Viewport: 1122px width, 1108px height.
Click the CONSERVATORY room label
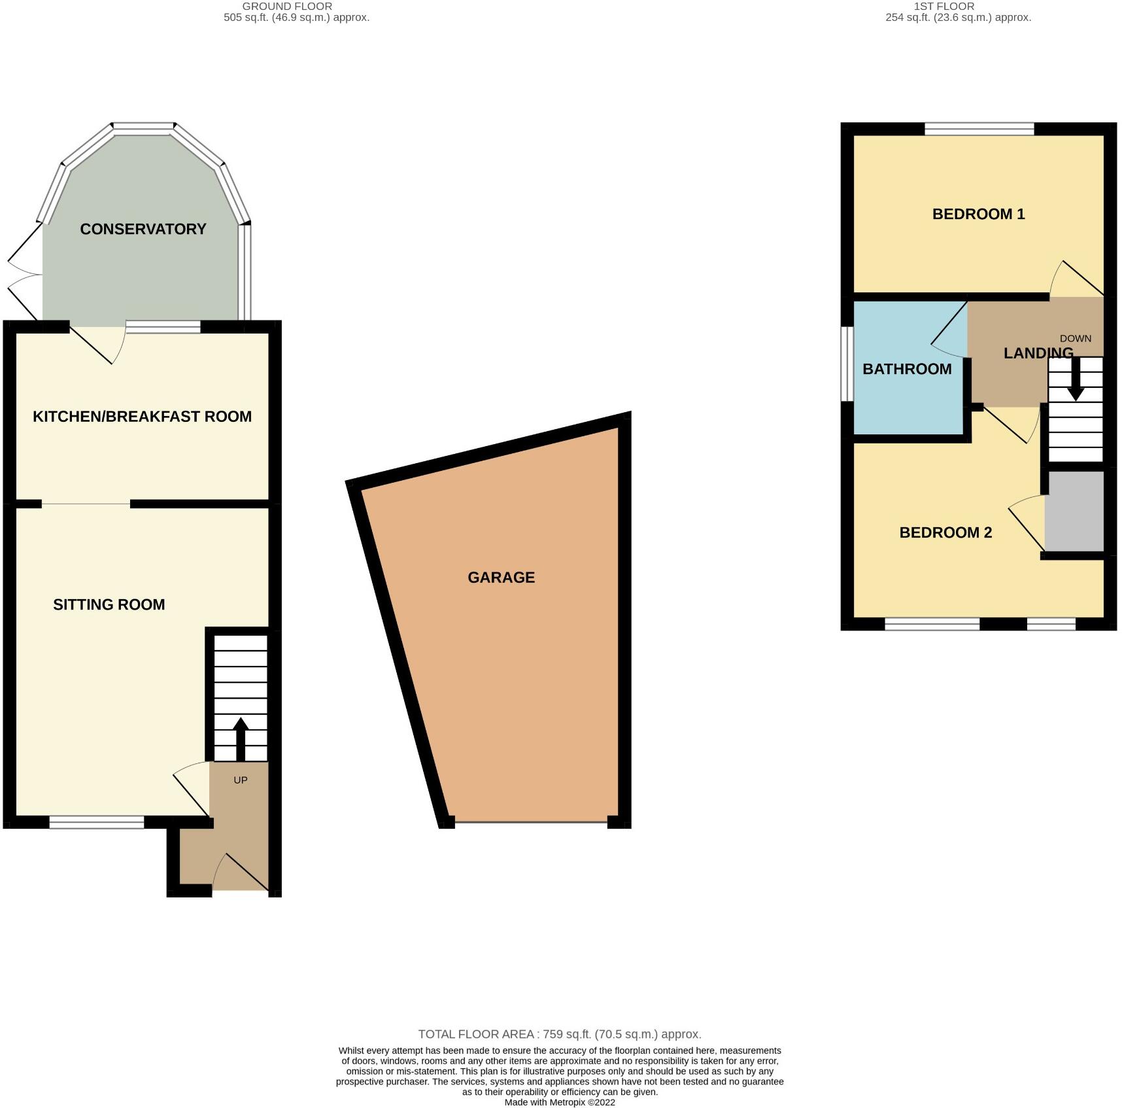pyautogui.click(x=143, y=229)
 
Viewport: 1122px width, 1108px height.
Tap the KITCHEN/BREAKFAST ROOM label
pyautogui.click(x=142, y=417)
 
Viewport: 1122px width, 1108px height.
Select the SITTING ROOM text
pyautogui.click(x=109, y=604)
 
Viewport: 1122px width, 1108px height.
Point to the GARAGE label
pyautogui.click(x=501, y=578)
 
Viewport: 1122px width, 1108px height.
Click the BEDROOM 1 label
pyautogui.click(x=978, y=214)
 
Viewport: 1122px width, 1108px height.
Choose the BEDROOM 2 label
pyautogui.click(x=945, y=532)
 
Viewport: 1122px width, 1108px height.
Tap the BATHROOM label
pyautogui.click(x=907, y=369)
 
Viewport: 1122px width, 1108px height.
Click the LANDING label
pyautogui.click(x=1038, y=353)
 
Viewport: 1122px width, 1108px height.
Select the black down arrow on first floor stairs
pyautogui.click(x=1076, y=385)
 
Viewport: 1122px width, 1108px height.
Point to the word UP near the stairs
pyautogui.click(x=240, y=780)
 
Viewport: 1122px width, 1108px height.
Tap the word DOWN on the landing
pyautogui.click(x=1076, y=338)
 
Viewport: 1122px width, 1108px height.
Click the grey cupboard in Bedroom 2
pyautogui.click(x=1074, y=511)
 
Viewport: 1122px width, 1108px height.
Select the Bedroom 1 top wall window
pyautogui.click(x=979, y=129)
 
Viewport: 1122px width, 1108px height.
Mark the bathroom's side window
pyautogui.click(x=847, y=364)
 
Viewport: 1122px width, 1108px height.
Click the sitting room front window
pyautogui.click(x=97, y=822)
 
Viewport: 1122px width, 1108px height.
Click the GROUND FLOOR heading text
pyautogui.click(x=288, y=6)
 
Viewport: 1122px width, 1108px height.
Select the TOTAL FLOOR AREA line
pyautogui.click(x=560, y=1034)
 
